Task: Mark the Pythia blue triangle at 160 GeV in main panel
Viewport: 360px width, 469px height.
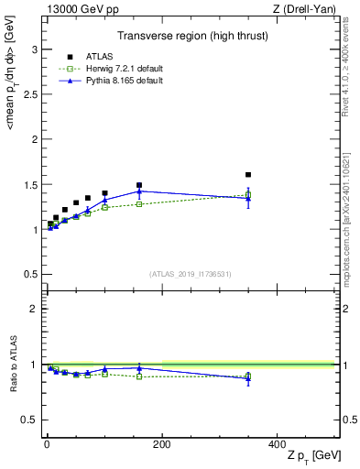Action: pyautogui.click(x=139, y=191)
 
